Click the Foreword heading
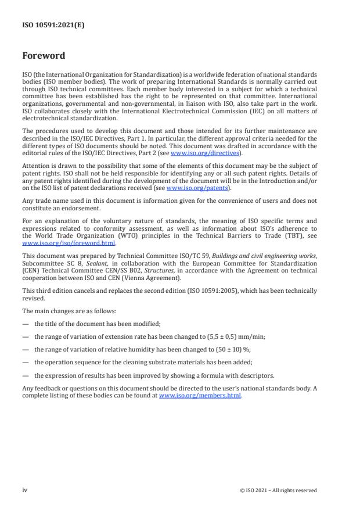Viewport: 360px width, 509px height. pos(44,56)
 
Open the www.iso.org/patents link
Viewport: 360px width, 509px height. pos(190,189)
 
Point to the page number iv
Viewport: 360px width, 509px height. pos(25,490)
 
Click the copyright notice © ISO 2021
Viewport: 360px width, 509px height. pos(278,490)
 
